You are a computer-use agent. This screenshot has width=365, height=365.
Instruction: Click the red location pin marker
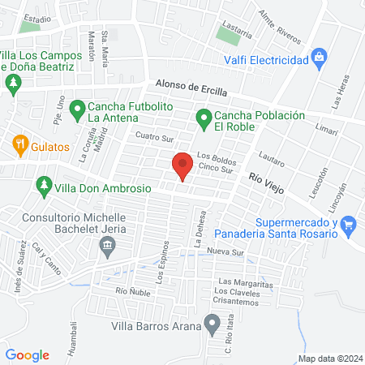tap(182, 166)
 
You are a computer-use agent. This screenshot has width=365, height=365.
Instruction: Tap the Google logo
tap(27, 354)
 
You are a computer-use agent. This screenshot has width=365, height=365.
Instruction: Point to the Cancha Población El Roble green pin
tap(203, 122)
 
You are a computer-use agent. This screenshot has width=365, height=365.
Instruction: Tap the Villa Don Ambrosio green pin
tap(44, 187)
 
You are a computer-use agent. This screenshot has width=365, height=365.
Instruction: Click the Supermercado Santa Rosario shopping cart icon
tap(349, 223)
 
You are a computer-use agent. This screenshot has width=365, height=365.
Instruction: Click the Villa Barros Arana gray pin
tap(213, 326)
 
